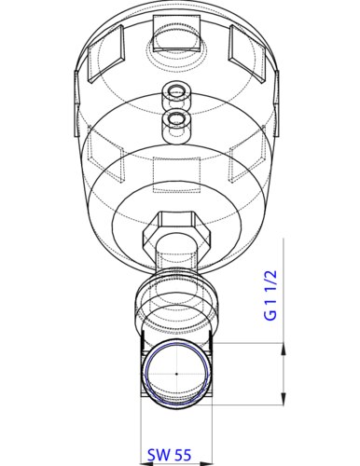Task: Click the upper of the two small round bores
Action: (x=174, y=92)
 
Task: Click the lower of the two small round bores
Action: (x=174, y=119)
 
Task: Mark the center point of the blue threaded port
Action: (x=176, y=373)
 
